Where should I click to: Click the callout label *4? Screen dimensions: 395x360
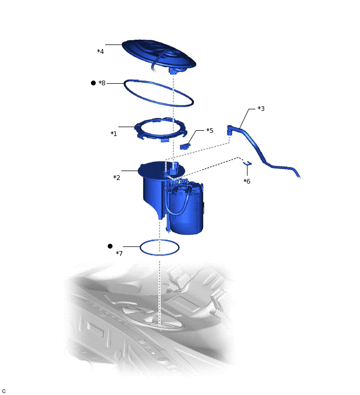coord(100,51)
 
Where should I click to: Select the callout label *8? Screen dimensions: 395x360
coord(102,83)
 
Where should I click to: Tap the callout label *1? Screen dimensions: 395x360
coord(114,133)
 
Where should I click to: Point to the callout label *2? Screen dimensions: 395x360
coord(117,177)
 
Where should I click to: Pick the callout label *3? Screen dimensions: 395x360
coord(261,109)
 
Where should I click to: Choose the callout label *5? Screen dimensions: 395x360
coord(209,130)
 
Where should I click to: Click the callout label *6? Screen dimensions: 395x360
coord(247,181)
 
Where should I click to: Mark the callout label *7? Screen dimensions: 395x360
coord(119,254)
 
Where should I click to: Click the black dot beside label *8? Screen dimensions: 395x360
coord(93,83)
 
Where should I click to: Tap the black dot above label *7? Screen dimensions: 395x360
coord(110,246)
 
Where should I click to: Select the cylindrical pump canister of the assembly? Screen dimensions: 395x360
coord(187,209)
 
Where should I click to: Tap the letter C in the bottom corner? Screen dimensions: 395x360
coord(4,391)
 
